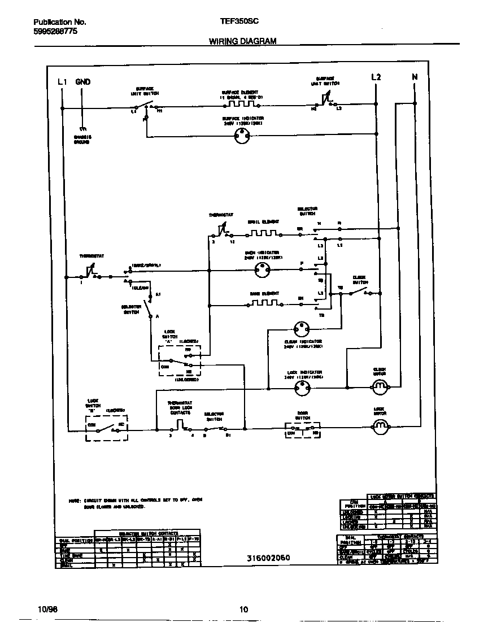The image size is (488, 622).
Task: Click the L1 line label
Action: click(62, 81)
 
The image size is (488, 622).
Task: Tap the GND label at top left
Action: click(82, 81)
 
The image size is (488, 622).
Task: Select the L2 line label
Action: click(376, 77)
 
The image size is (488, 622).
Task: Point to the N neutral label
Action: click(415, 77)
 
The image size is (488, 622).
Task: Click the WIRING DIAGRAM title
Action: click(242, 41)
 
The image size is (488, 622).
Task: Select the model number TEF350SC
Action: click(239, 21)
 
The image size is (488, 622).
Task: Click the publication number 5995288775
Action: click(52, 32)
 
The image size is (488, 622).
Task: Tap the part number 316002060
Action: click(268, 558)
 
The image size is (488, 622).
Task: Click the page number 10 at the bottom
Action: click(243, 609)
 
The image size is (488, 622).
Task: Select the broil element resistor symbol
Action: click(263, 232)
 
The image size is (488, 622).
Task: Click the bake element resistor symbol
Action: click(264, 304)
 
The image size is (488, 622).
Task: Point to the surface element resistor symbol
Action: click(238, 104)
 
